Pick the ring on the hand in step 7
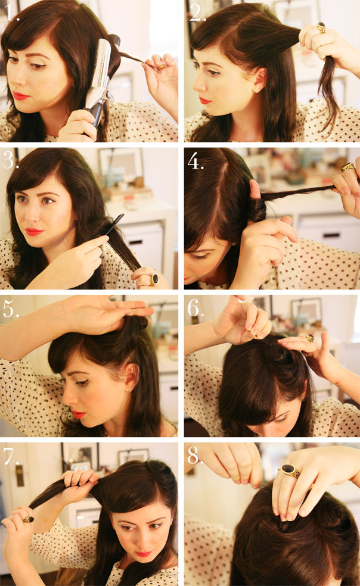pos(27,519)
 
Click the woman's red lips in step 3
pos(33,231)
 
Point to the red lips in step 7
pos(143,553)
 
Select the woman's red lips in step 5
pos(79,414)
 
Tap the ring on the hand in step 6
pos(309,338)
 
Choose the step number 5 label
pos(11,309)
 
